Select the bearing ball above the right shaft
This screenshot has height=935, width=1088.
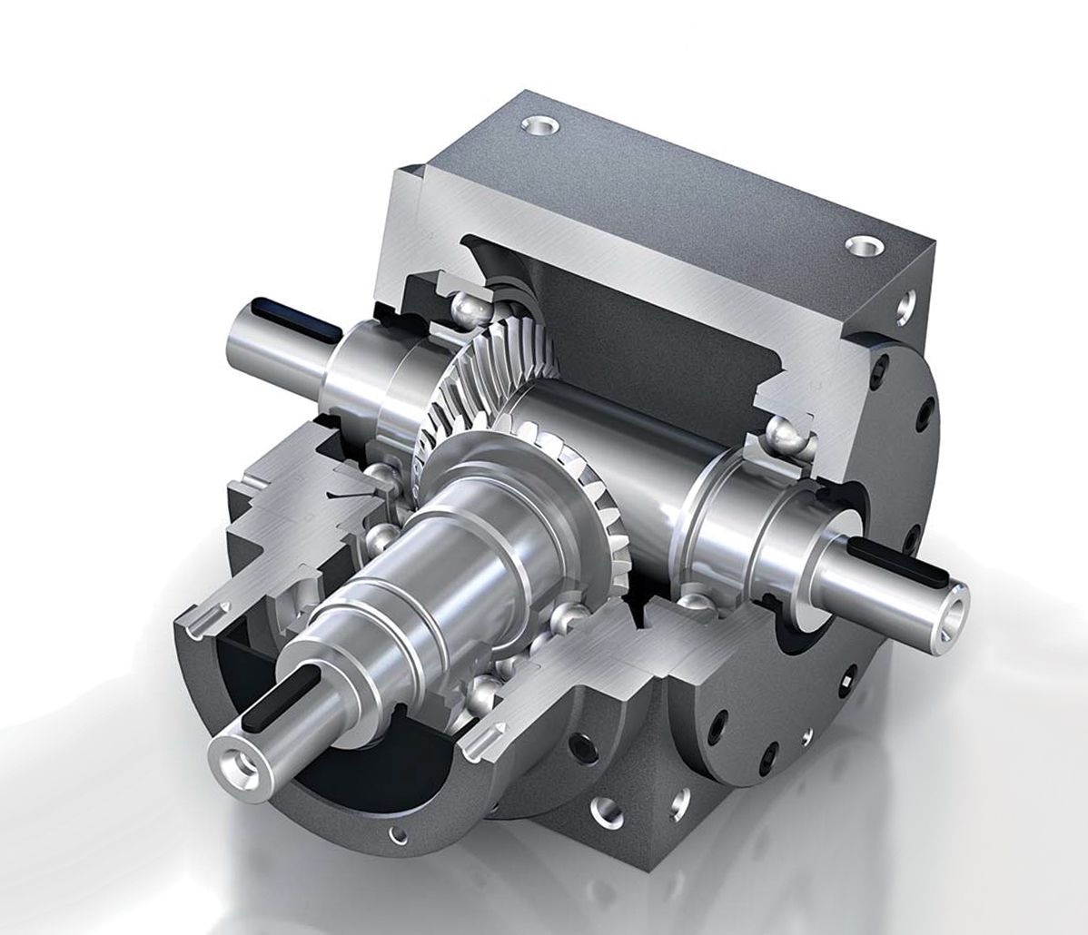[x=789, y=438]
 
